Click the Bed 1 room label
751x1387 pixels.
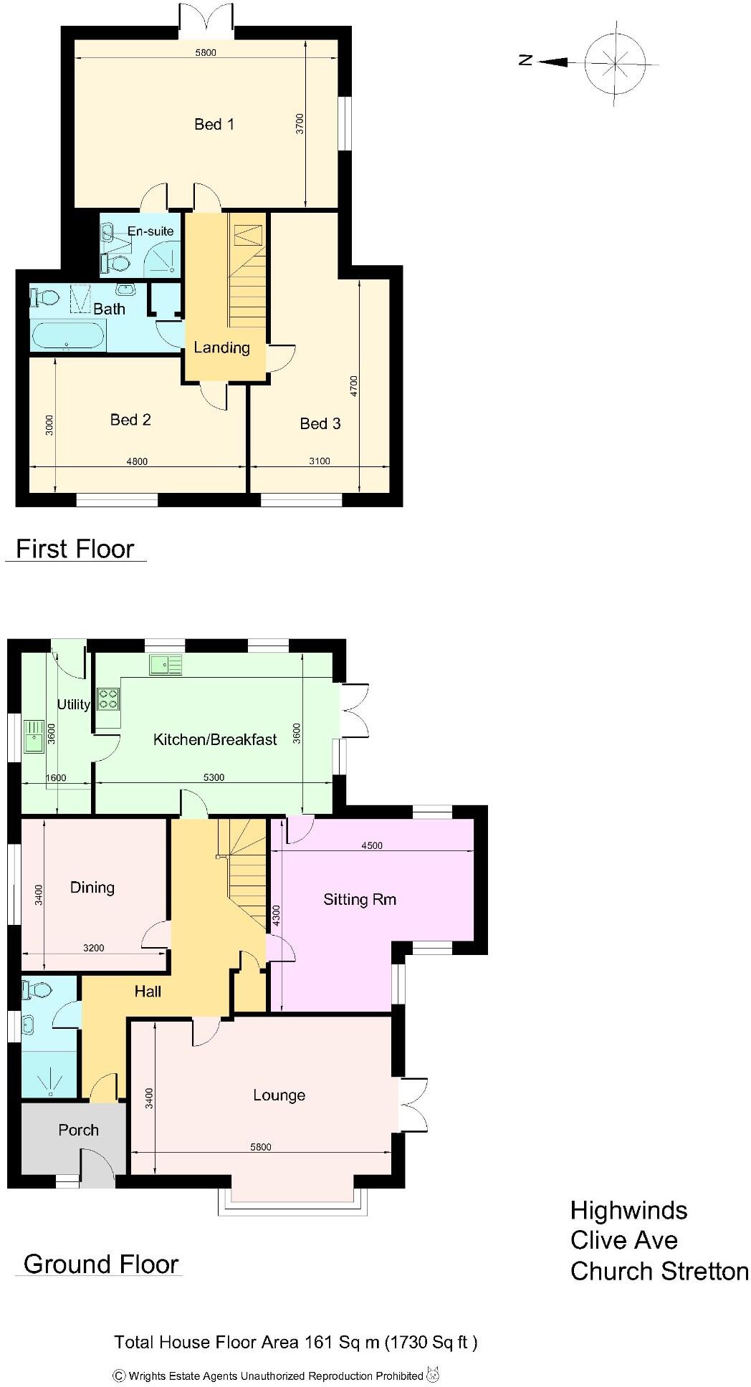click(214, 125)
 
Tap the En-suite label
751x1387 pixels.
click(150, 231)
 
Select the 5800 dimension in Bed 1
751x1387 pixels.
click(206, 52)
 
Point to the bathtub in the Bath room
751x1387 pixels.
click(67, 335)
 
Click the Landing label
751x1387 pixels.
click(221, 347)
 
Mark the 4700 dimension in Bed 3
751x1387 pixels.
click(353, 387)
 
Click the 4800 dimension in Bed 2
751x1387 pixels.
click(137, 461)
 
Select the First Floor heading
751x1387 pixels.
click(75, 549)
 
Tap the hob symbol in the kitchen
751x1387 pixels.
click(108, 698)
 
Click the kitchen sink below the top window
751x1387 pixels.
click(166, 665)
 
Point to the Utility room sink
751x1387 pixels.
click(33, 736)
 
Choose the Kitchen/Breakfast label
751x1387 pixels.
click(215, 739)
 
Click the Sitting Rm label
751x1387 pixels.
click(359, 899)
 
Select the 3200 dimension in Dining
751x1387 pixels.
click(93, 948)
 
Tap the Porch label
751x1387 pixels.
click(78, 1130)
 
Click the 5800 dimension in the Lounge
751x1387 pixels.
click(261, 1147)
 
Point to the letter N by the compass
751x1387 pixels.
click(525, 61)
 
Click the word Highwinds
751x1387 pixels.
click(628, 1211)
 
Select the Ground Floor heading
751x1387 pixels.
click(100, 1264)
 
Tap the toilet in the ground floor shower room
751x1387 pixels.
click(37, 990)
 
